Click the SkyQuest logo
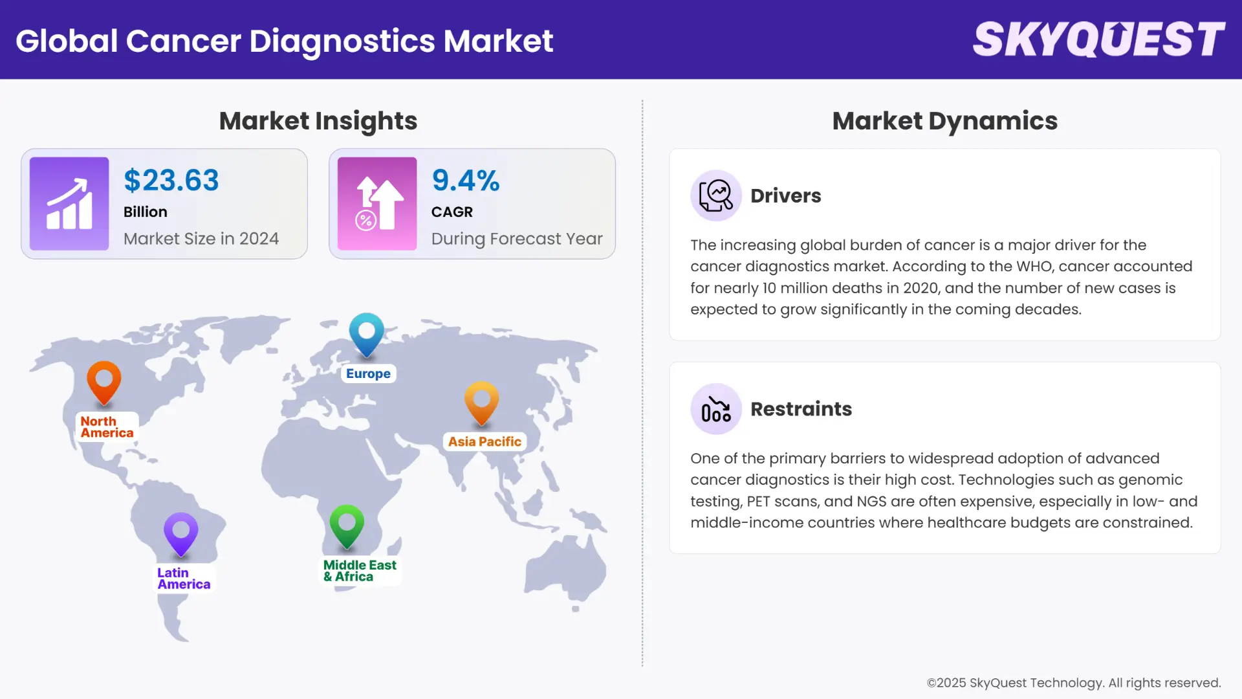click(1098, 39)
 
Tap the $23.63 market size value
click(171, 180)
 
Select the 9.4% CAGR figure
click(466, 180)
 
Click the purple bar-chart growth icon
click(69, 204)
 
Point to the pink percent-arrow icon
click(377, 204)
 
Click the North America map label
click(107, 427)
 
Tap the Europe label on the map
click(368, 373)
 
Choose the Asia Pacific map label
click(485, 441)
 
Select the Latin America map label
click(184, 579)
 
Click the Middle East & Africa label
click(360, 571)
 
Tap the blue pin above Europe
click(367, 334)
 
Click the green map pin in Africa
click(347, 525)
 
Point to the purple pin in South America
click(181, 534)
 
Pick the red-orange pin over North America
click(104, 382)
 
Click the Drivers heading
click(785, 195)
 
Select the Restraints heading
click(801, 409)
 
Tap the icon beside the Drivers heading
click(716, 195)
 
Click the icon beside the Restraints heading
click(716, 409)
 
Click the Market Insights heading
click(318, 121)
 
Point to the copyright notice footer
click(1073, 683)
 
